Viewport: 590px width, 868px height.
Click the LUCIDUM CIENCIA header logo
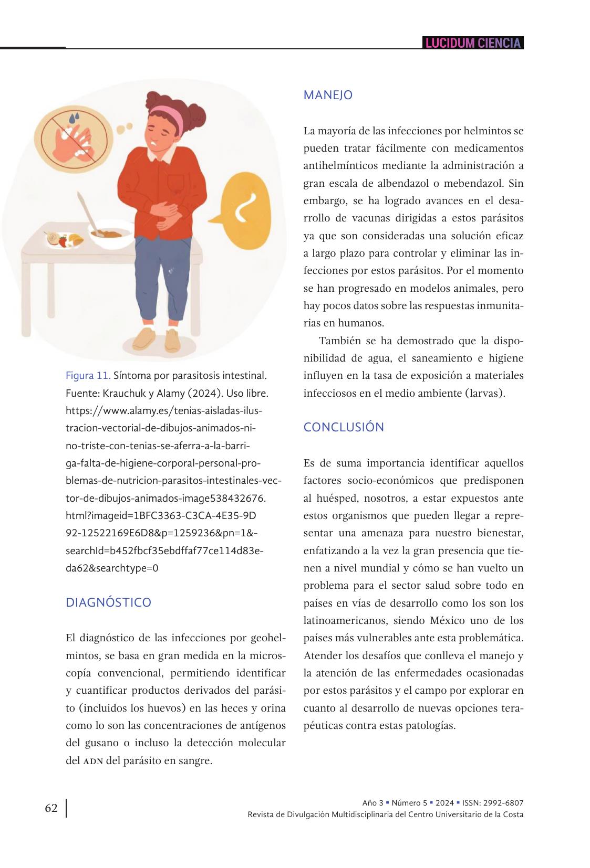[473, 43]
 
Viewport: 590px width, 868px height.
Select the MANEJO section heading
[328, 95]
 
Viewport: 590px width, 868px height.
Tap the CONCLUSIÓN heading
[344, 427]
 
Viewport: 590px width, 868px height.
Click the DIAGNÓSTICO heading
[108, 602]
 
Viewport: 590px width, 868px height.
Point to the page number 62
[51, 808]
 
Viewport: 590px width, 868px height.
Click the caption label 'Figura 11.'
[88, 376]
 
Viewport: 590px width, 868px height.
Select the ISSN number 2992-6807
[504, 803]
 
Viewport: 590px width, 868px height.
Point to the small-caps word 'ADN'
[92, 761]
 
